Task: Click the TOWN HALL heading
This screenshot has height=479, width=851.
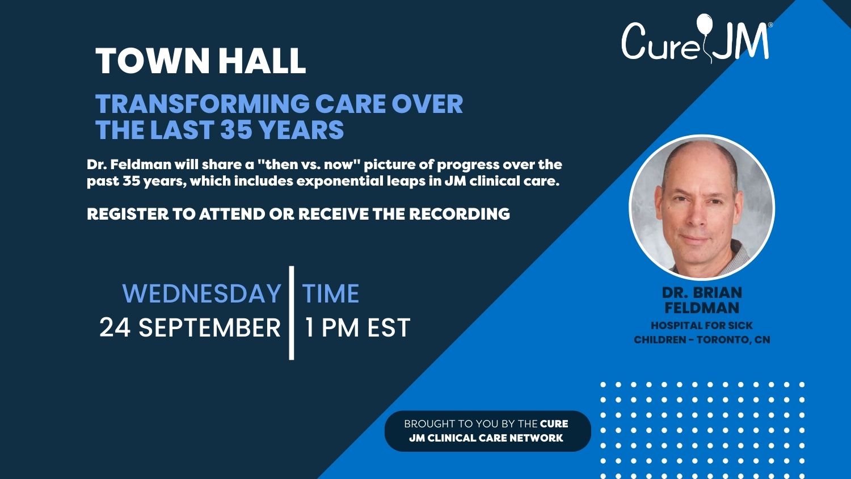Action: [x=201, y=61]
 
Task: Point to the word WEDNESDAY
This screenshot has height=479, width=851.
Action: [x=202, y=293]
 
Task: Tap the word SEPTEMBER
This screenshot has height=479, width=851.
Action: [x=210, y=327]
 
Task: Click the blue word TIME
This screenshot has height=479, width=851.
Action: [x=331, y=293]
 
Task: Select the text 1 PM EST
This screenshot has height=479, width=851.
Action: [x=357, y=327]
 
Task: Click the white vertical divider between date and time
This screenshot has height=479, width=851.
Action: [x=292, y=313]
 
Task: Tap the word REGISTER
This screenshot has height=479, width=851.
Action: [x=128, y=214]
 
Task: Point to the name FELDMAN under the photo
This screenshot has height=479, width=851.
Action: [x=702, y=308]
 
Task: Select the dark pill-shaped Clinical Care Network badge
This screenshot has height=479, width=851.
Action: [x=488, y=431]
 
